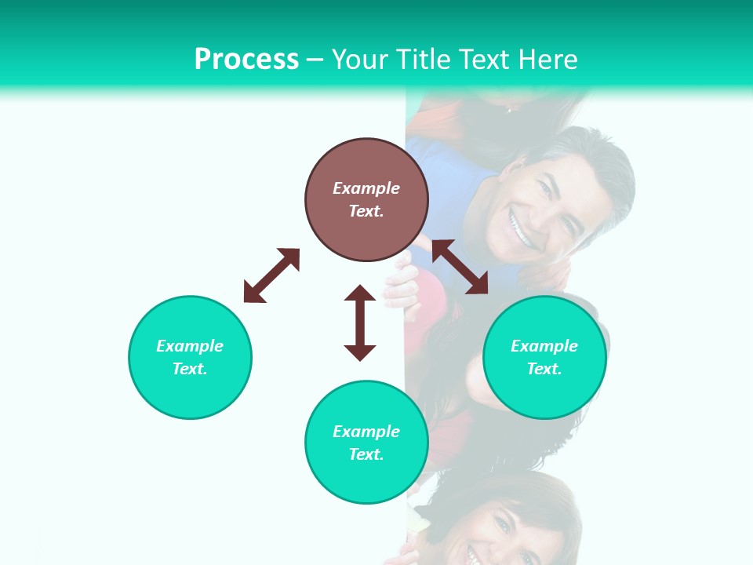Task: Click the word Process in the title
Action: (246, 60)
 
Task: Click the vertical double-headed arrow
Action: (360, 323)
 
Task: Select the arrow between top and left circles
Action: (271, 275)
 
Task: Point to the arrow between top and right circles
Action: (460, 267)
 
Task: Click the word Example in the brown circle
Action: (366, 188)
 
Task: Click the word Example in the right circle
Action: (544, 346)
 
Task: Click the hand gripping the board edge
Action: (402, 286)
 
